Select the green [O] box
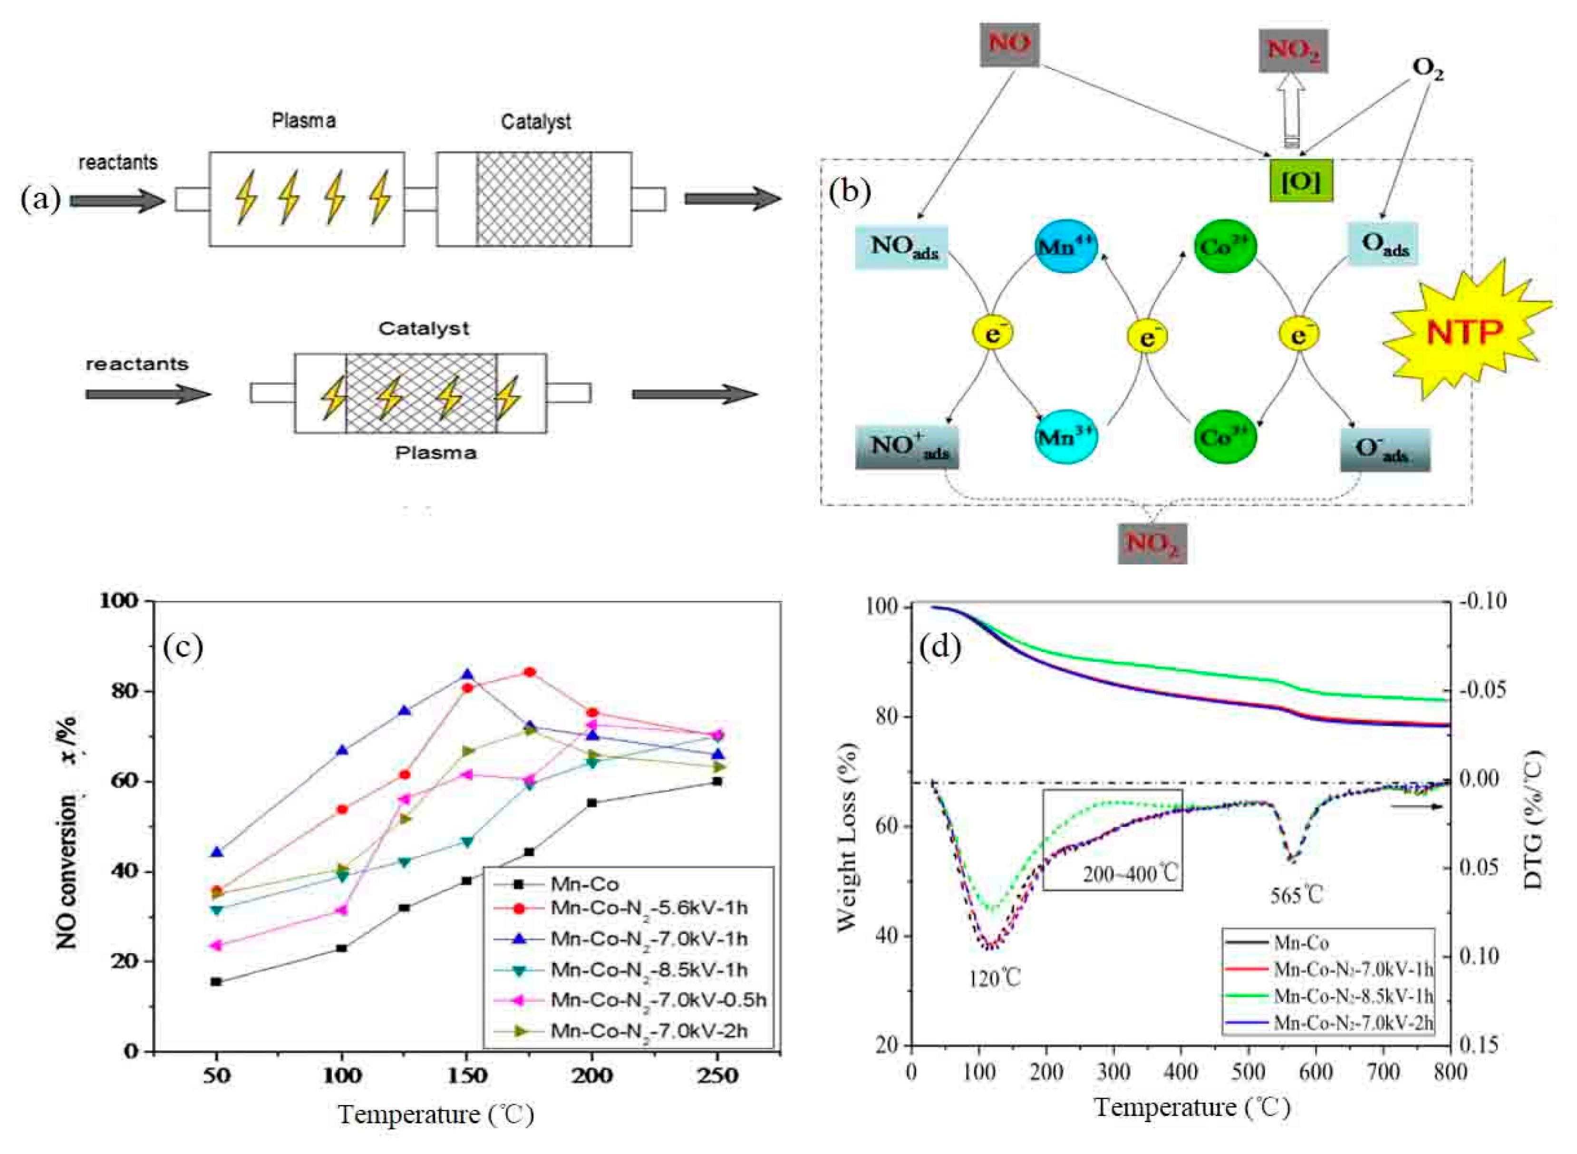[1300, 181]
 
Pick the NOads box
[901, 247]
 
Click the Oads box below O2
[1383, 244]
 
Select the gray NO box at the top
[1009, 45]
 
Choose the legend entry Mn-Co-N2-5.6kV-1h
[648, 908]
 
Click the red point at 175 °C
[530, 672]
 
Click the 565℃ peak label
[1296, 895]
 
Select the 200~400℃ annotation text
[1130, 873]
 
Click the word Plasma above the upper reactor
[304, 121]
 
